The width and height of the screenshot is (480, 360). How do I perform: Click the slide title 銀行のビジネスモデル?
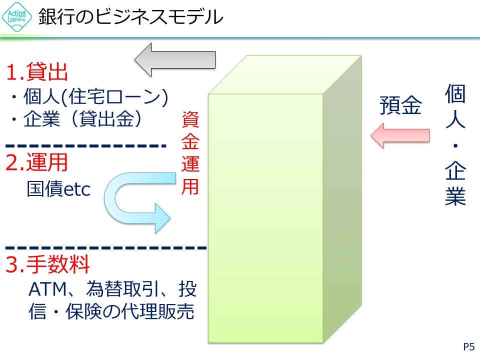[130, 17]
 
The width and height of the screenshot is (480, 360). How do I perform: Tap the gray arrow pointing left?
[175, 59]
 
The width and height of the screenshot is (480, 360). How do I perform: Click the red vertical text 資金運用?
[190, 152]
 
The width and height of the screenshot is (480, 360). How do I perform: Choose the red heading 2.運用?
[36, 163]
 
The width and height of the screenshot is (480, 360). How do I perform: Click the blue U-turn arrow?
[135, 200]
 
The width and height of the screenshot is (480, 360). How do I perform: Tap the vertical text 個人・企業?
[455, 145]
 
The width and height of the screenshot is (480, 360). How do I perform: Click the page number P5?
[468, 346]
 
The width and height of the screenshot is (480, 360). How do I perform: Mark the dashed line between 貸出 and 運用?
[85, 146]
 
